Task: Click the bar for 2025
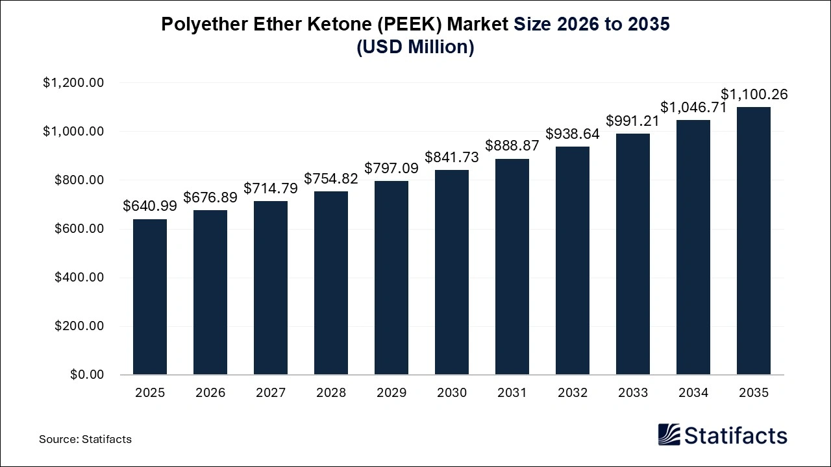(150, 297)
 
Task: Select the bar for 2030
(452, 272)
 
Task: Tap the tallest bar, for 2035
(754, 241)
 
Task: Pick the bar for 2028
(331, 283)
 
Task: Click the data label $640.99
(150, 206)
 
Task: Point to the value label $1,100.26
(754, 94)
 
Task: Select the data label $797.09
(391, 168)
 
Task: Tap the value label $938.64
(573, 134)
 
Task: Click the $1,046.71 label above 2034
(693, 108)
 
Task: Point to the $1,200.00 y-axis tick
(73, 83)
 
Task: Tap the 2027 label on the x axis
(271, 393)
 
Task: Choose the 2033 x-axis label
(633, 393)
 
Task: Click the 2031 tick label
(512, 393)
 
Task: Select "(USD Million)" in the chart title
(415, 47)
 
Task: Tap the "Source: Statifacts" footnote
(85, 439)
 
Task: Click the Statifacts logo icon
(669, 435)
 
